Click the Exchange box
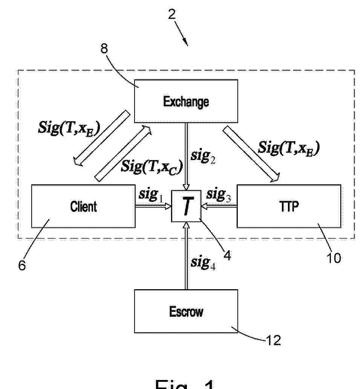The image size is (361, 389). (186, 101)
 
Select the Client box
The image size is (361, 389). (83, 206)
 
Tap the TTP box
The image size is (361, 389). (289, 206)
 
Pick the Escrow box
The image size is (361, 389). (186, 311)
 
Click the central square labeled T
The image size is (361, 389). (186, 206)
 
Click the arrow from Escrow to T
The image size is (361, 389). (186, 256)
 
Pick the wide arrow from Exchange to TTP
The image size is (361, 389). (252, 154)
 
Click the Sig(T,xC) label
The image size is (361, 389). (151, 166)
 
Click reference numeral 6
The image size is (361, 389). (22, 265)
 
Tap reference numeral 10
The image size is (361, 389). (333, 258)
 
